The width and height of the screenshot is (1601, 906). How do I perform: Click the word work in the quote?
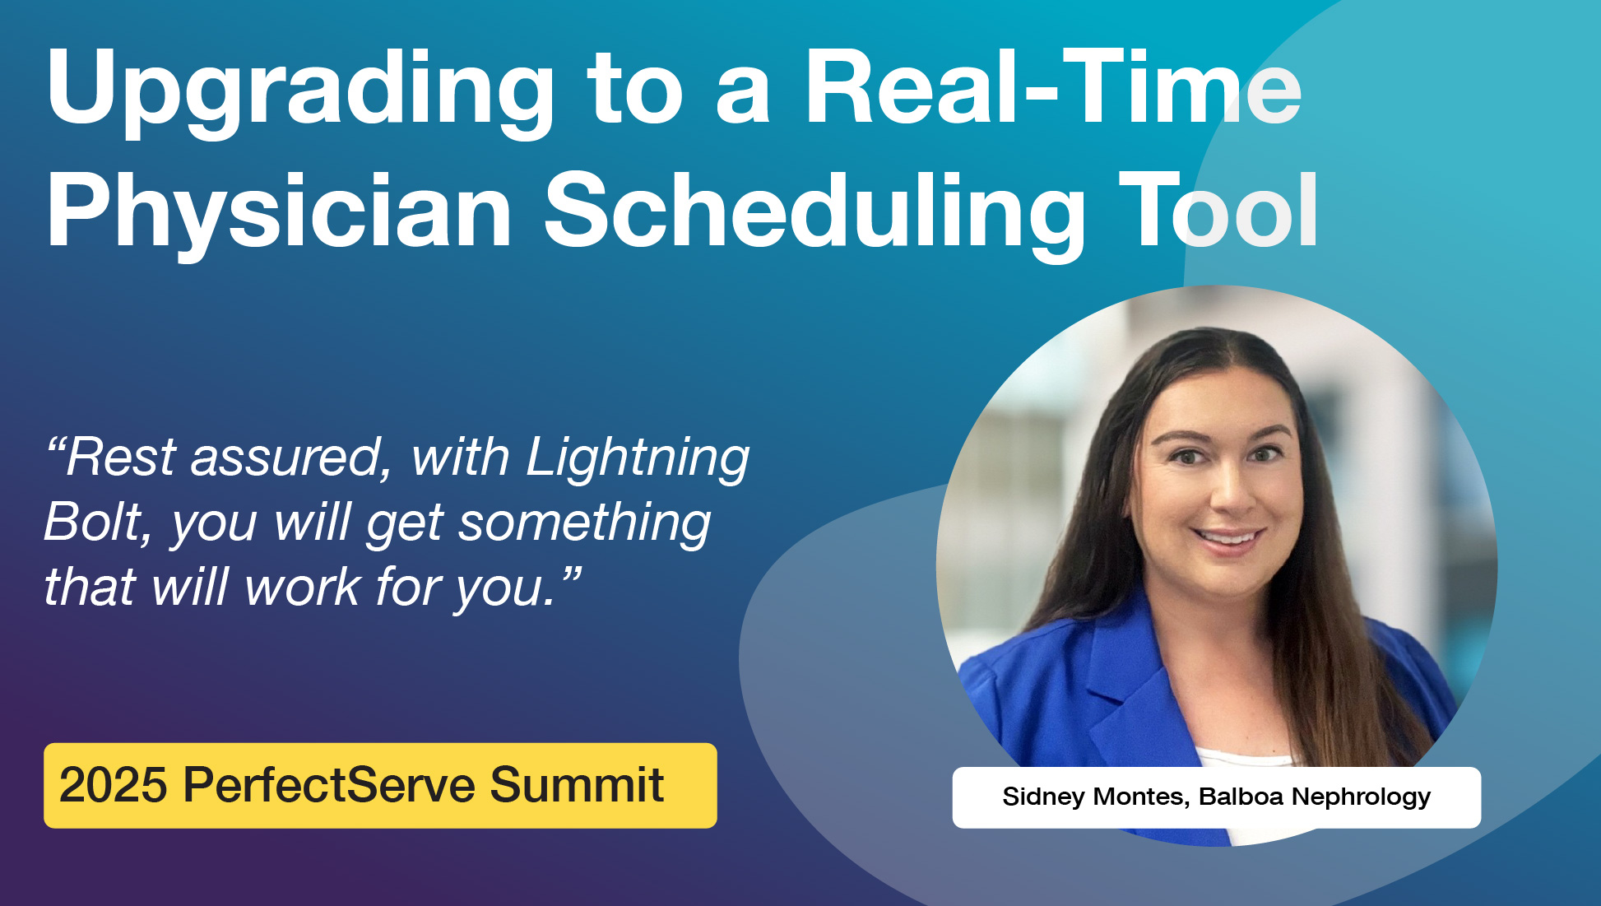(x=303, y=588)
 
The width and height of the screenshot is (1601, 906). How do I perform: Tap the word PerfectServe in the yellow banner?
(x=329, y=785)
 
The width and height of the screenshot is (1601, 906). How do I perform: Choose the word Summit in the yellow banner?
(x=577, y=785)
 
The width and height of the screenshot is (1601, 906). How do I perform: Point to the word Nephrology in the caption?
(x=1361, y=797)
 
